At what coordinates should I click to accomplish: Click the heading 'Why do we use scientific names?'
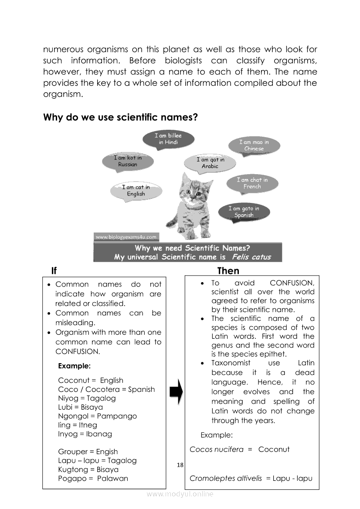[121, 118]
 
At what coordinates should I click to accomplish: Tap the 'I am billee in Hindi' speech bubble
[168, 139]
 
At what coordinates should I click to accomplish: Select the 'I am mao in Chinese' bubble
[254, 145]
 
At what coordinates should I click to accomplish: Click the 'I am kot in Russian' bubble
[128, 161]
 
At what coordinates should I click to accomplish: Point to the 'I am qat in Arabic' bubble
[210, 163]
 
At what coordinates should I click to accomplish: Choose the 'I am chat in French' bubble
[252, 183]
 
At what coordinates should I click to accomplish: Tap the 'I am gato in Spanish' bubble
[244, 212]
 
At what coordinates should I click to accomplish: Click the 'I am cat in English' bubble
[136, 191]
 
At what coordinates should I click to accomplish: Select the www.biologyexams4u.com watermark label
[126, 237]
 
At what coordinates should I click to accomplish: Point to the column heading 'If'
[54, 271]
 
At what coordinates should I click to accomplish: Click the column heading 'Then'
[228, 271]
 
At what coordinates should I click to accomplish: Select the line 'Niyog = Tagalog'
[87, 398]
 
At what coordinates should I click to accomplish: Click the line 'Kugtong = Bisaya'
[88, 470]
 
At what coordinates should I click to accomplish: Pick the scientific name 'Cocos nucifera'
[217, 449]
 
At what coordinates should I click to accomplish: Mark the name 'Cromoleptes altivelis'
[226, 479]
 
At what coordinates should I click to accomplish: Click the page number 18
[180, 465]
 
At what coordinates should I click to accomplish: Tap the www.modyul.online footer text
[180, 494]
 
